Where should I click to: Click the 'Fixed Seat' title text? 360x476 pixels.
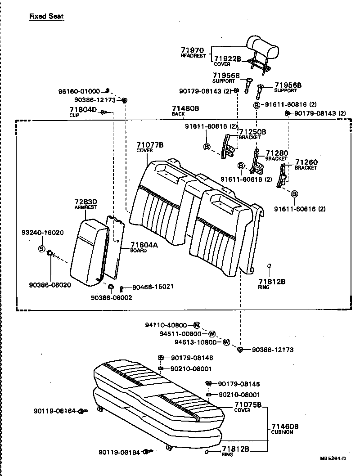[x=46, y=17]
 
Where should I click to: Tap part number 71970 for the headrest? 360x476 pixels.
[x=193, y=50]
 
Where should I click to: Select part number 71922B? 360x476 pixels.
[x=227, y=59]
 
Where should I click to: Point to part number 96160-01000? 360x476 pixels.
[x=79, y=91]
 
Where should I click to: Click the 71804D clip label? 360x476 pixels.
[x=83, y=109]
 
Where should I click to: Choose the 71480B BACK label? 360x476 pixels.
[x=185, y=109]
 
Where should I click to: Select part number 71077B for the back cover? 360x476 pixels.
[x=150, y=145]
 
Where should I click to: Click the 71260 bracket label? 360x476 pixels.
[x=306, y=162]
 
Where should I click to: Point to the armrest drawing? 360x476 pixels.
[x=90, y=250]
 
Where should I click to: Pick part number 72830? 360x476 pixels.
[x=85, y=202]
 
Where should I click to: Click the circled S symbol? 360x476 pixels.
[x=41, y=249]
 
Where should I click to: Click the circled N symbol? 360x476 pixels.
[x=197, y=325]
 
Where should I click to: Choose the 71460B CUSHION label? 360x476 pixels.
[x=285, y=427]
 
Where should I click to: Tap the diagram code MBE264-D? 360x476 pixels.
[x=333, y=458]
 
